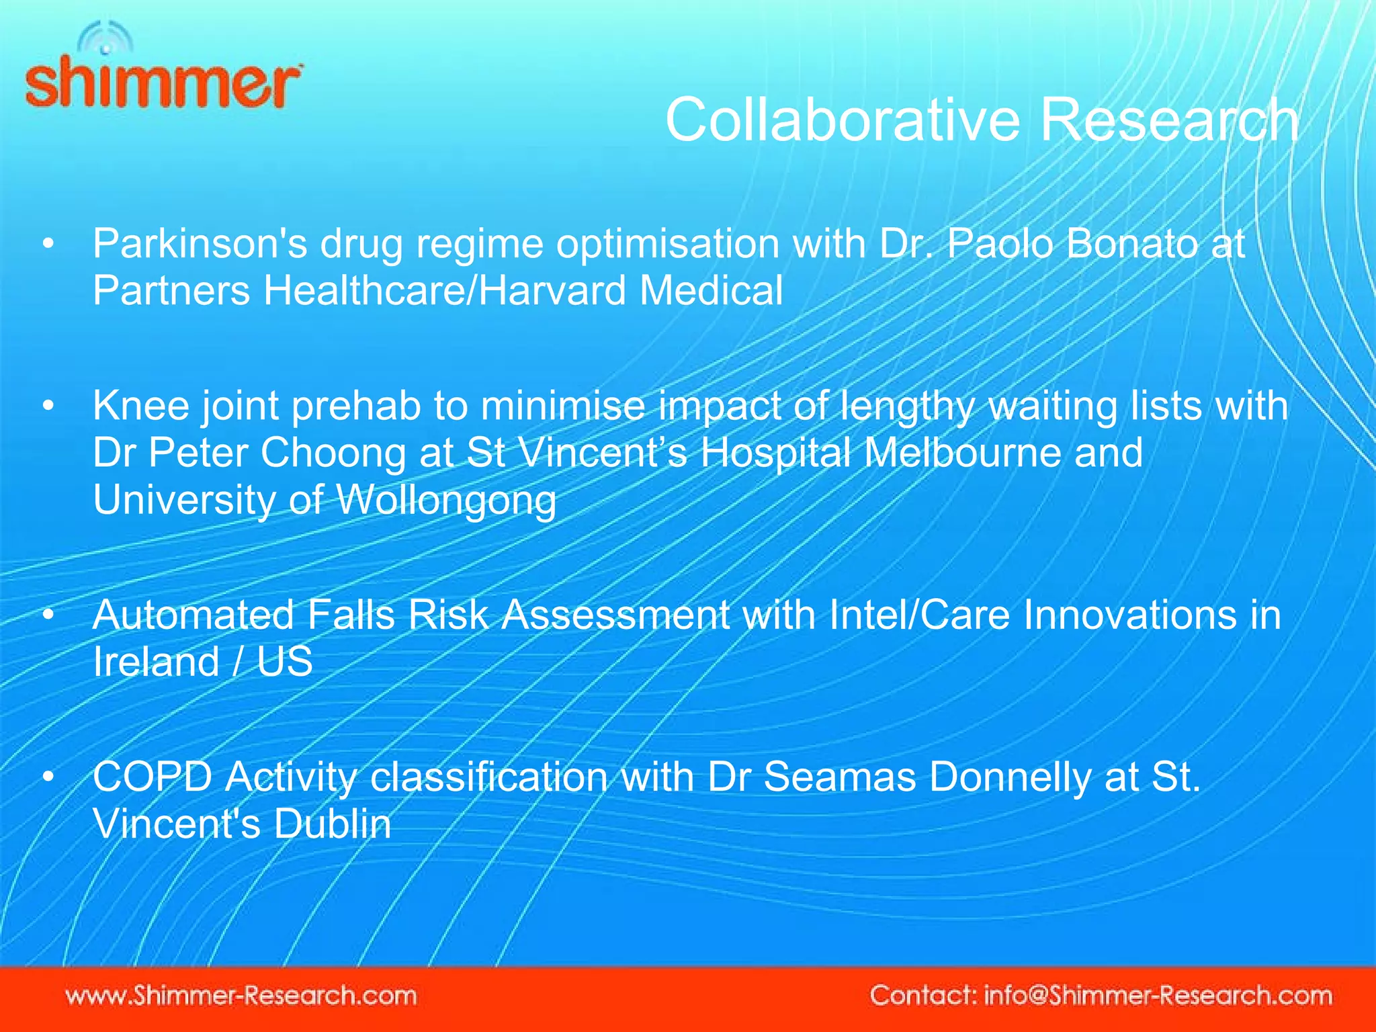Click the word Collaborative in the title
(x=843, y=120)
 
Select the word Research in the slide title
(x=1169, y=120)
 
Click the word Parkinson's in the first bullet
(x=200, y=243)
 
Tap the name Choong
(x=333, y=453)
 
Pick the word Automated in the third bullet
(x=193, y=615)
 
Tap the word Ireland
(x=156, y=662)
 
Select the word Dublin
(x=333, y=824)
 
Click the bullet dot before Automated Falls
(x=48, y=615)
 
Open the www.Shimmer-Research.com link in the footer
(x=241, y=995)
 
